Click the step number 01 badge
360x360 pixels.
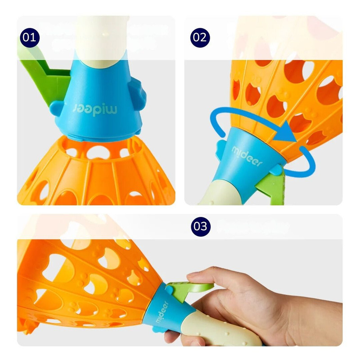click(x=30, y=38)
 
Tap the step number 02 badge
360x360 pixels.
click(x=200, y=38)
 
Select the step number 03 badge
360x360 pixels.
click(x=201, y=226)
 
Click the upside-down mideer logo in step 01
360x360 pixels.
click(x=95, y=109)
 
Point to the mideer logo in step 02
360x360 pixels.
click(x=247, y=156)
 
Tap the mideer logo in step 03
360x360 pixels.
click(x=162, y=312)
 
